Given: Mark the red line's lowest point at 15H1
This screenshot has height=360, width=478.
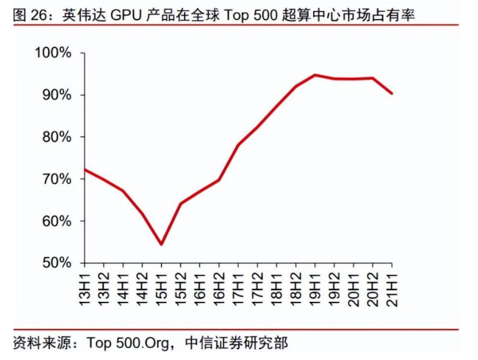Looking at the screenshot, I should [161, 244].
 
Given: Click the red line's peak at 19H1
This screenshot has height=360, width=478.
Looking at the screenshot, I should [315, 75].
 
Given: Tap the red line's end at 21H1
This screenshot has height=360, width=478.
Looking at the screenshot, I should [392, 93].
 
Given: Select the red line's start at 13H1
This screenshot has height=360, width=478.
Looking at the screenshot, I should [84, 169].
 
